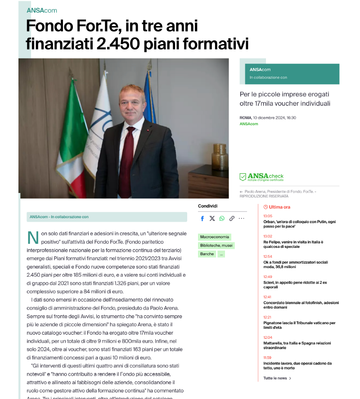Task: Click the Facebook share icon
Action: point(202,219)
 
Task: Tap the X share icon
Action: point(212,219)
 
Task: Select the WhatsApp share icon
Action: point(222,219)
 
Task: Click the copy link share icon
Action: point(232,219)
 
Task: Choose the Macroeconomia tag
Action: point(215,237)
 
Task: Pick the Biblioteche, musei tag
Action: point(216,246)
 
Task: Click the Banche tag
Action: point(207,254)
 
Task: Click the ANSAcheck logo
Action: point(262,177)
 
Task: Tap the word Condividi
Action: point(208,206)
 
